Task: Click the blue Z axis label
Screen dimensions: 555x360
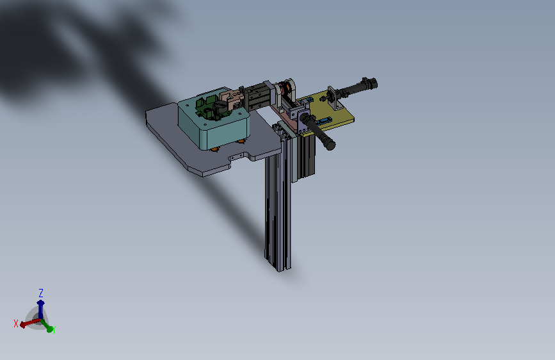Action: click(x=41, y=293)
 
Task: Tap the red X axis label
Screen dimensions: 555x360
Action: click(x=15, y=323)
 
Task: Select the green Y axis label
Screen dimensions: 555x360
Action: click(x=54, y=330)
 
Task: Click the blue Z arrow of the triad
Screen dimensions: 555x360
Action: click(x=41, y=309)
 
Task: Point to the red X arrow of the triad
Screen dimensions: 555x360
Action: click(x=29, y=322)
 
